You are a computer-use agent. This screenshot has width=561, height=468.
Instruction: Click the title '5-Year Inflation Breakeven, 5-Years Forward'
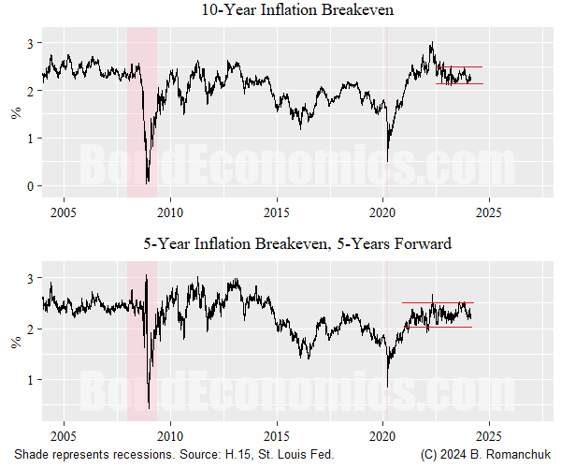[296, 244]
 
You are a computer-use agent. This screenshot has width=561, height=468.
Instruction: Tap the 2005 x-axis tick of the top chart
[64, 212]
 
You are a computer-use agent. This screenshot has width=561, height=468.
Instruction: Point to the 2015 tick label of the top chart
[277, 212]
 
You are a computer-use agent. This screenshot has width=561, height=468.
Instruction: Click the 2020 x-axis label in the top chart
[384, 212]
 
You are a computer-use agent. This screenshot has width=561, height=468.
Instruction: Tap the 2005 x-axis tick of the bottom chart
[64, 435]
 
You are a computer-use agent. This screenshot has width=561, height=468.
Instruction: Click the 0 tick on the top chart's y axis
[30, 185]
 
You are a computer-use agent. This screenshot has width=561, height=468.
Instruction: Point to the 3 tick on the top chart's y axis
[30, 44]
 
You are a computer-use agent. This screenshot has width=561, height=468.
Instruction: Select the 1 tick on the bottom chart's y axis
[30, 379]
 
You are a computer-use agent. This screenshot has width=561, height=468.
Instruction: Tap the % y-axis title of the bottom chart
[14, 342]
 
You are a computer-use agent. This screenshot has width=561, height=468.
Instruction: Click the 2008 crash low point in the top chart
[148, 183]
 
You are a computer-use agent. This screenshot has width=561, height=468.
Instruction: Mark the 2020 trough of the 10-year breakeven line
[388, 160]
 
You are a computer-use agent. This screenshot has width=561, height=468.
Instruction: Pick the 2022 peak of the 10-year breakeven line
[432, 43]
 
